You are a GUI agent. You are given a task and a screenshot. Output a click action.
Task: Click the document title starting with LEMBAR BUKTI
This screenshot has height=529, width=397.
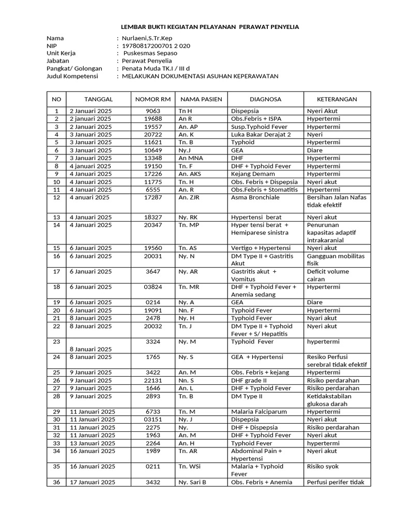(x=209, y=26)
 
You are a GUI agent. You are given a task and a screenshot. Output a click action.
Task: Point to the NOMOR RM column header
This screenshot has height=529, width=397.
(x=152, y=99)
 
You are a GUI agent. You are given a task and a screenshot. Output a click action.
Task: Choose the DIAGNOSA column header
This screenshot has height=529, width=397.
(x=265, y=99)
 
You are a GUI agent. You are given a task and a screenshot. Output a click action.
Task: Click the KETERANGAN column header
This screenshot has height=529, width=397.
(x=337, y=99)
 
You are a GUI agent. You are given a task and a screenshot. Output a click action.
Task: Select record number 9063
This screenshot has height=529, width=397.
(x=153, y=111)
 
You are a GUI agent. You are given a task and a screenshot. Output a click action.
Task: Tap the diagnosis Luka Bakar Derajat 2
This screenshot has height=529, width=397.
(x=261, y=134)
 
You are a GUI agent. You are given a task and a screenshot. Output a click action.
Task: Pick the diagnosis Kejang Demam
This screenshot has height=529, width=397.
(x=252, y=174)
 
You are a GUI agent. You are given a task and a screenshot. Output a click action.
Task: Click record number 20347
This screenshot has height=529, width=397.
(x=153, y=225)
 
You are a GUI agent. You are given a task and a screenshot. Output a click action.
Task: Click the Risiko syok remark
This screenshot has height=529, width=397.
(x=325, y=466)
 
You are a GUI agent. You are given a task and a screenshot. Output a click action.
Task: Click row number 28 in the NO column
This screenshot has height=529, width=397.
(x=56, y=396)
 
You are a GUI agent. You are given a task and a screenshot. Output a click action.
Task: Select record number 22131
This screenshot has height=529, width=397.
(x=153, y=380)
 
